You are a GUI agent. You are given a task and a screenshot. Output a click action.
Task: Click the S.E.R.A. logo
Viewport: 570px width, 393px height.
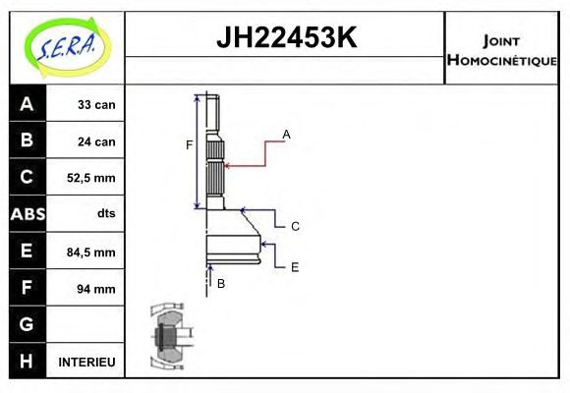67,46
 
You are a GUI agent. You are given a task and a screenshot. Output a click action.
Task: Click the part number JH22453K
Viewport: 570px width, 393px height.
286,39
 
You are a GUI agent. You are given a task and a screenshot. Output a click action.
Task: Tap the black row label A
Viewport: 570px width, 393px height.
27,104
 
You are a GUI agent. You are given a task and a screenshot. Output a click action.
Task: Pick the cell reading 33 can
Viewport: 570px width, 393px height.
95,105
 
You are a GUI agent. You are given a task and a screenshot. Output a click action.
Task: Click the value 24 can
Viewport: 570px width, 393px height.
95,141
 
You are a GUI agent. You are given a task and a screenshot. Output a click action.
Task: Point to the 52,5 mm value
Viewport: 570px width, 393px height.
90,178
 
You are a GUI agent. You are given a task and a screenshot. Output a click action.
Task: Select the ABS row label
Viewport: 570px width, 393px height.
27,214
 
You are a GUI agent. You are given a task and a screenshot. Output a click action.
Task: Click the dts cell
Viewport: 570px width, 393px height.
105,214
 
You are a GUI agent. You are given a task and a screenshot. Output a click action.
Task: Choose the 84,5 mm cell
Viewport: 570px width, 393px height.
90,252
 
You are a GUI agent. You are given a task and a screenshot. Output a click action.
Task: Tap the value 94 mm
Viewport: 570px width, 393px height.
95,288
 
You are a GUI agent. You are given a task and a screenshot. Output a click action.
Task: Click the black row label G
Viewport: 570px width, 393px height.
27,324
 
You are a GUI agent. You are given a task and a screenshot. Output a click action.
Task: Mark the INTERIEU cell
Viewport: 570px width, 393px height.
86,362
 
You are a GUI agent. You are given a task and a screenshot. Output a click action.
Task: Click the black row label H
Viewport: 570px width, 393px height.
27,362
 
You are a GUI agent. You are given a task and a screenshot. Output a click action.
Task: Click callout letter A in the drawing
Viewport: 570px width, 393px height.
287,134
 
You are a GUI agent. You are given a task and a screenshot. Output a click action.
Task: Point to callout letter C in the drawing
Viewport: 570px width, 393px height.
295,226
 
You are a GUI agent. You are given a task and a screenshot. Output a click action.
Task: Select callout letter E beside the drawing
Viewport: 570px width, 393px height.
295,265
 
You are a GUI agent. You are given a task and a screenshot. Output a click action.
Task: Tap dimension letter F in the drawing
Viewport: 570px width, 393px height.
190,145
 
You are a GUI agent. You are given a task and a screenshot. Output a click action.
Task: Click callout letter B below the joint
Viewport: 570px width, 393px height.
221,283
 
